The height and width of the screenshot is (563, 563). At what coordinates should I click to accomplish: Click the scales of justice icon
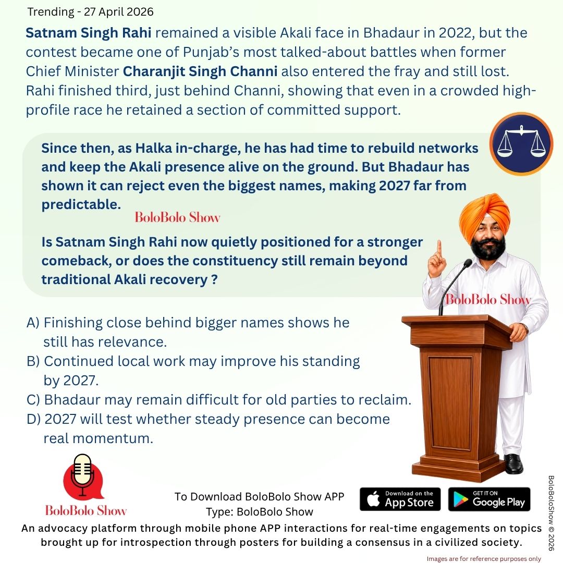click(521, 143)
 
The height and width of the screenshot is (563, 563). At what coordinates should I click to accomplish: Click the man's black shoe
click(513, 463)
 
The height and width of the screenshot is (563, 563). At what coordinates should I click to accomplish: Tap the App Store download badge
click(400, 499)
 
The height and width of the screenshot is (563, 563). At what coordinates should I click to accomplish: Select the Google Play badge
click(489, 499)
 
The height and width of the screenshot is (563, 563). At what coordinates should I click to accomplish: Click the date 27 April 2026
click(118, 11)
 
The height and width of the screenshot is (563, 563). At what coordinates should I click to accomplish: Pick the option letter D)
click(33, 419)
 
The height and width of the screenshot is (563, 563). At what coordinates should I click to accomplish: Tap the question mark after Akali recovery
click(213, 279)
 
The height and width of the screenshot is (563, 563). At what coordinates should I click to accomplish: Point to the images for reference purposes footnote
click(484, 558)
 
